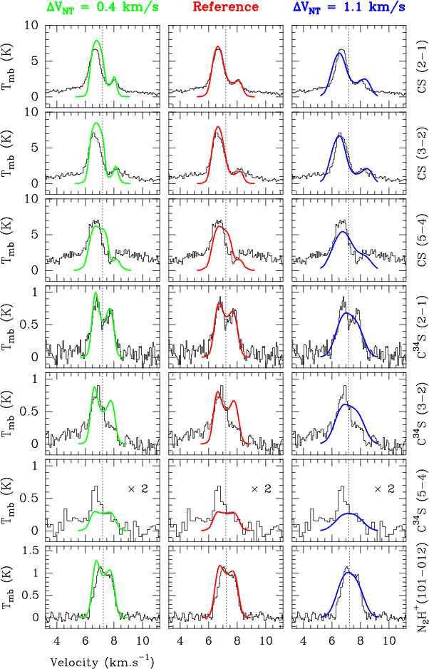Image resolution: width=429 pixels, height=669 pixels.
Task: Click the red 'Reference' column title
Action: coord(226,8)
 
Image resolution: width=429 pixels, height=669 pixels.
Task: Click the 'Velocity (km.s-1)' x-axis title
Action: coord(102,660)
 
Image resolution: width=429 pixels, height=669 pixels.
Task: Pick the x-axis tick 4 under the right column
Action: coord(304,640)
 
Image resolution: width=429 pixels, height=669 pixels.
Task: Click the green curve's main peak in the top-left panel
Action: coord(95,50)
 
